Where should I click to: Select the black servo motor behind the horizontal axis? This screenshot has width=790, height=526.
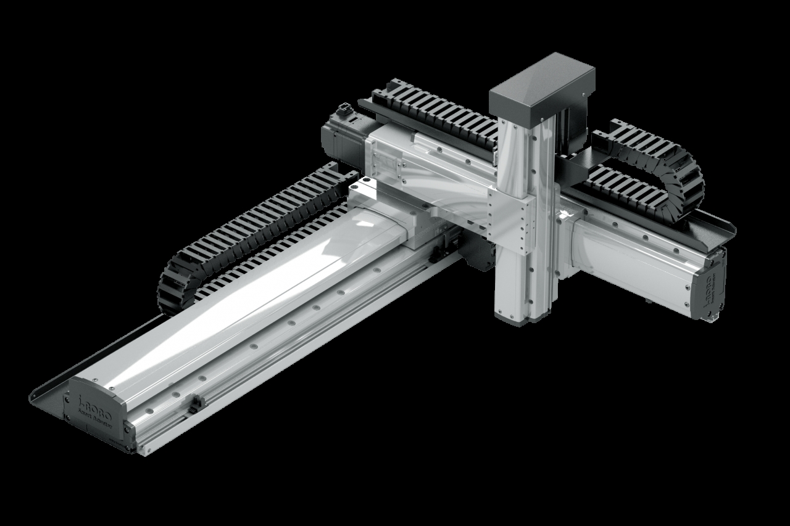click(x=343, y=139)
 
